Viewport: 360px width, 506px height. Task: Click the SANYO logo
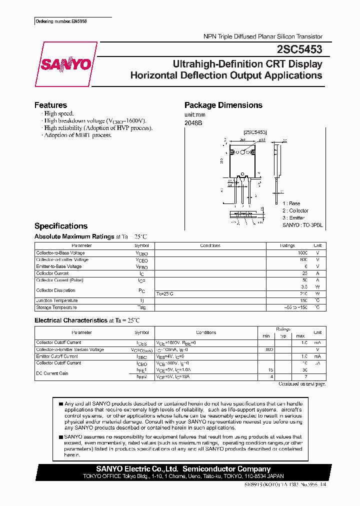pos(66,64)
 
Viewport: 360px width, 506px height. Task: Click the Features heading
pos(50,105)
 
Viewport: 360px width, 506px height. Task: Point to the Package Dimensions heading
pos(223,105)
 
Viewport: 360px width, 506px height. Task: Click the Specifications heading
pos(61,226)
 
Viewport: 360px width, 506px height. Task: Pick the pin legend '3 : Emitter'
pos(294,218)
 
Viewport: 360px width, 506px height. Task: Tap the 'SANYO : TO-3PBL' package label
pos(302,225)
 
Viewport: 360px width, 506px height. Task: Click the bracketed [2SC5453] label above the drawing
pos(255,132)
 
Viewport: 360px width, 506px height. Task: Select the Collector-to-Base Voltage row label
pos(61,253)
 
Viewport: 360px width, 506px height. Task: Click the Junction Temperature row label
pos(56,300)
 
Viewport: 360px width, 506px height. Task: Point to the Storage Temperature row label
pos(56,307)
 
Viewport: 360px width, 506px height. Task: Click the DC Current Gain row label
pos(52,373)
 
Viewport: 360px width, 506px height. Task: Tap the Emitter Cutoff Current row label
pos(57,356)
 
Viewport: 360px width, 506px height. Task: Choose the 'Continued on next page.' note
pos(301,384)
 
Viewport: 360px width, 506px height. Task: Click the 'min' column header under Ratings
pos(266,335)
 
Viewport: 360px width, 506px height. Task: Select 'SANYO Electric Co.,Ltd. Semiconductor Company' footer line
pos(183,469)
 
